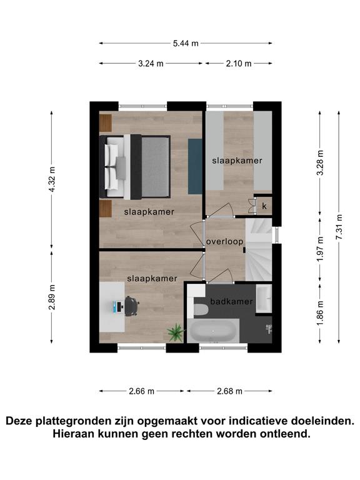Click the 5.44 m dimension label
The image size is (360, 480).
(186, 44)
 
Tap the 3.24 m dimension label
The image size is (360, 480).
(151, 64)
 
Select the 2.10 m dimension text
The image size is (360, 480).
(239, 64)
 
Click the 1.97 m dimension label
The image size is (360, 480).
(320, 249)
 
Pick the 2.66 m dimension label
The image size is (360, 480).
(141, 391)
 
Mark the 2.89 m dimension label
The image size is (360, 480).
(52, 297)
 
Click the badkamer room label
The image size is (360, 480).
(231, 301)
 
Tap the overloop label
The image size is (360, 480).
(224, 241)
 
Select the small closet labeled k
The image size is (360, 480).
(264, 206)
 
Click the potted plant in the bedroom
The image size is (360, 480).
(176, 332)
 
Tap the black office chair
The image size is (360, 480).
(131, 306)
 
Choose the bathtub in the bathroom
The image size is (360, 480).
(213, 331)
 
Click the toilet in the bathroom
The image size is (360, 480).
(201, 309)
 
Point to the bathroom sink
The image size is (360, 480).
(264, 299)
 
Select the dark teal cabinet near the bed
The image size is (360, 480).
(195, 166)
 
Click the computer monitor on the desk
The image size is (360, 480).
(115, 307)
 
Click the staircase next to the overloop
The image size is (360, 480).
(259, 249)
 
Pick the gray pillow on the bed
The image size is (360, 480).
(121, 167)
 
